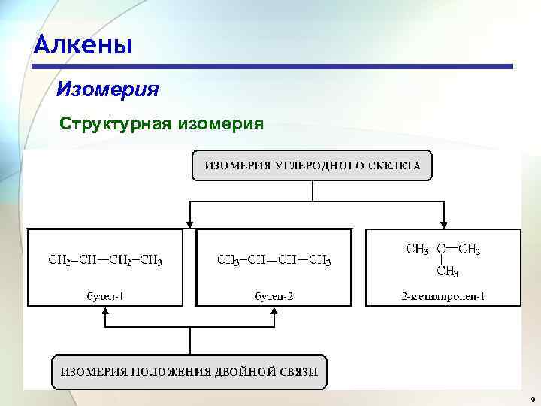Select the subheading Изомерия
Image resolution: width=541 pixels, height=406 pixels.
click(107, 90)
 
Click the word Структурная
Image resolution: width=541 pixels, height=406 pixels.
click(115, 123)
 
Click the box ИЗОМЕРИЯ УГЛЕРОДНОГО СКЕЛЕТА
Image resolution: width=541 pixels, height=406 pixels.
click(312, 165)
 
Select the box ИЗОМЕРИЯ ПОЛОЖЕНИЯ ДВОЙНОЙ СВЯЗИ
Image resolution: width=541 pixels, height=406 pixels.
click(189, 371)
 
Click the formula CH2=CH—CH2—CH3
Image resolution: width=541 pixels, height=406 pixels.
click(105, 261)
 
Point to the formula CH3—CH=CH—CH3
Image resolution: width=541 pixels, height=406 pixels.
click(274, 261)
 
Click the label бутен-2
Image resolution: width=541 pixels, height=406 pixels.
click(274, 295)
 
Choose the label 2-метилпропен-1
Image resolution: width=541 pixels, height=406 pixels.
click(443, 295)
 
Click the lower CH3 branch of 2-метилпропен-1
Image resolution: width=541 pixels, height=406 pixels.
click(447, 271)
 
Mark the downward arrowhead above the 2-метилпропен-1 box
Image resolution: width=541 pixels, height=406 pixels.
click(444, 223)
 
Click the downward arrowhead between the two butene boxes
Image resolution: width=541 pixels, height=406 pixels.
click(189, 223)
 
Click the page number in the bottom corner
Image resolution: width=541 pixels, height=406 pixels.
click(531, 398)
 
